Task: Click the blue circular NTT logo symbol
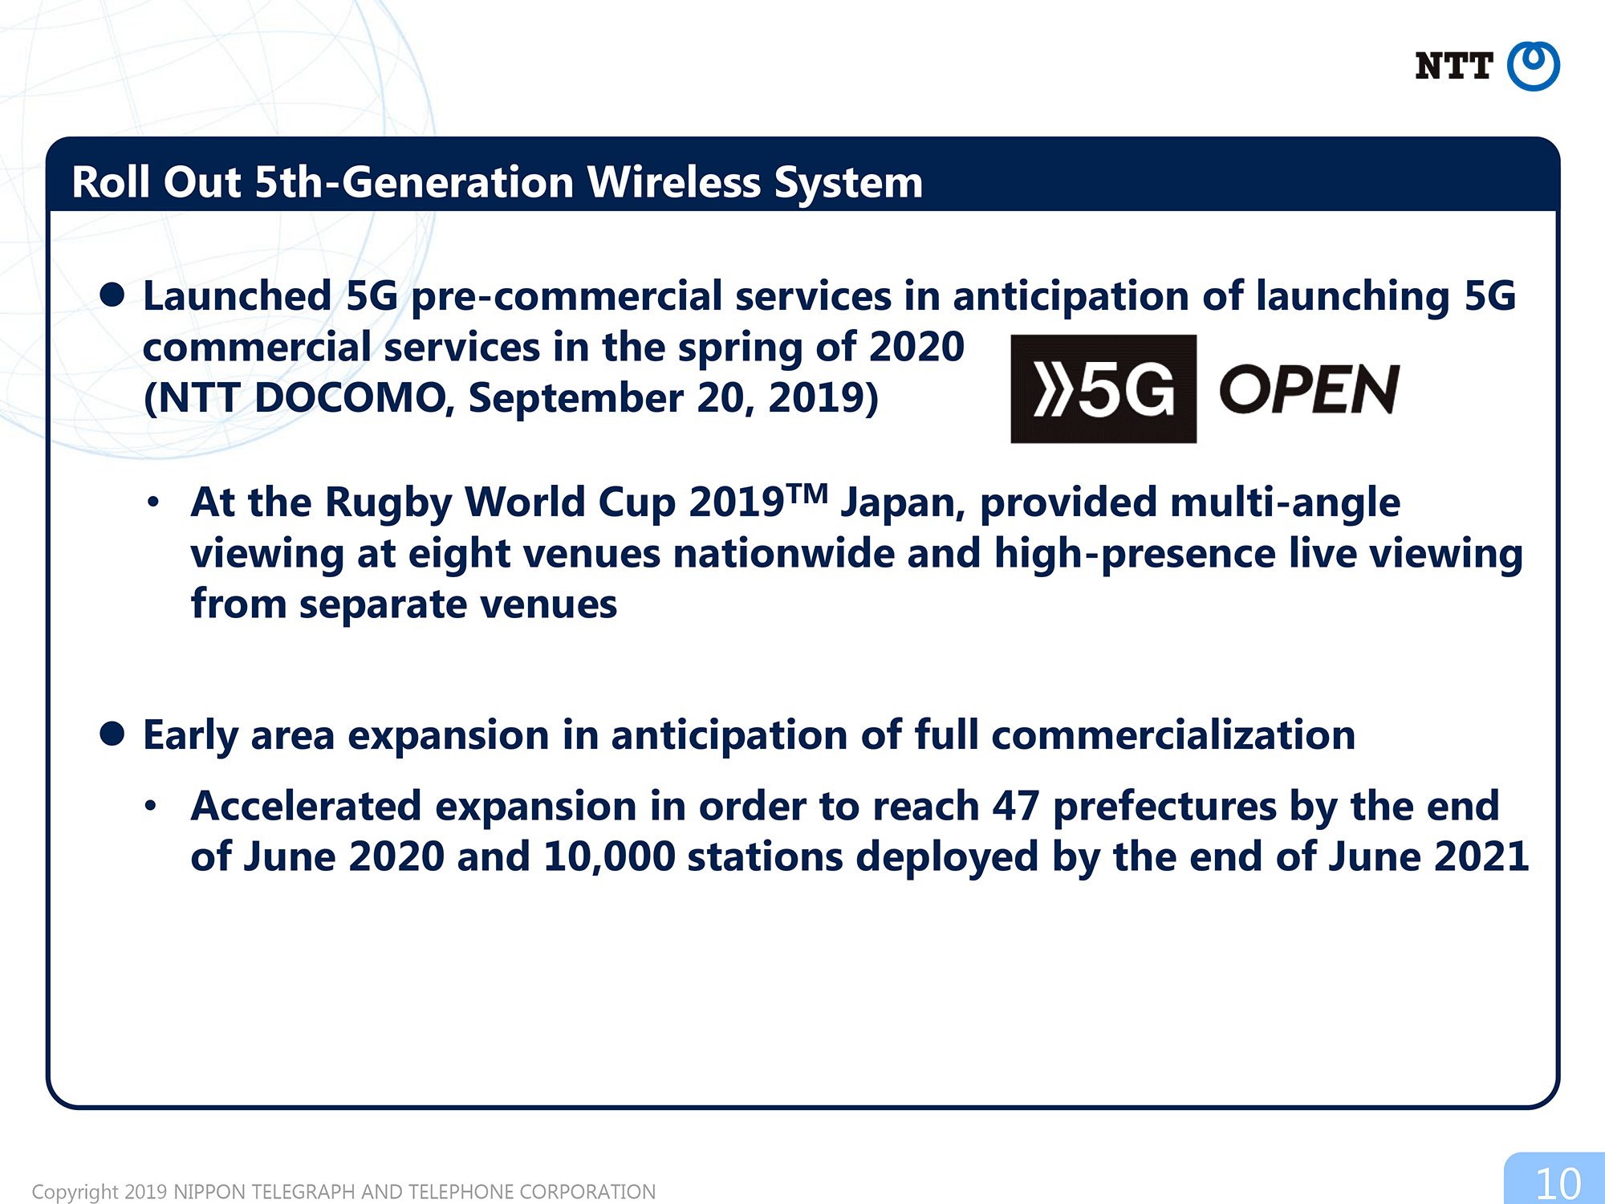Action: point(1533,66)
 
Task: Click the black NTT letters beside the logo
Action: point(1453,66)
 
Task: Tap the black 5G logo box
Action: point(1103,388)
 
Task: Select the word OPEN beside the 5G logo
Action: point(1309,389)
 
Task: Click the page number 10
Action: point(1558,1184)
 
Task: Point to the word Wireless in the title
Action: point(674,182)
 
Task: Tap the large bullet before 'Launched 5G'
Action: point(112,295)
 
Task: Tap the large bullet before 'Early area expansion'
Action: point(112,734)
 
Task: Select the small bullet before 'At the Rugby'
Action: point(153,502)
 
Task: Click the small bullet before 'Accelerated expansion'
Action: point(151,806)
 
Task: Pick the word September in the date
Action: point(576,399)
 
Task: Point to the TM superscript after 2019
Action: point(807,494)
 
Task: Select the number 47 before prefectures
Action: point(1016,806)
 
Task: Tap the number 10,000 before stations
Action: point(609,857)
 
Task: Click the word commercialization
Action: point(1173,734)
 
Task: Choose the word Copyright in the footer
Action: point(75,1192)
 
